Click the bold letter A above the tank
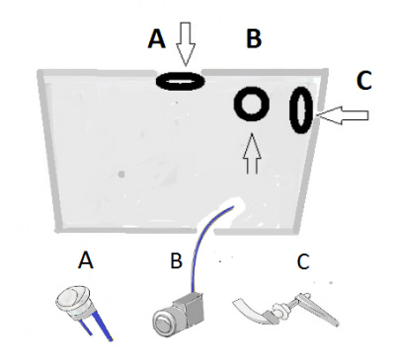(x=157, y=38)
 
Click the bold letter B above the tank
(x=254, y=38)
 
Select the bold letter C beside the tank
(x=364, y=81)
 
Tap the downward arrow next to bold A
(x=186, y=43)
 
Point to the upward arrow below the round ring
(x=252, y=153)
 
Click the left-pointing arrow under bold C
(x=343, y=115)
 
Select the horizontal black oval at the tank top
(x=180, y=81)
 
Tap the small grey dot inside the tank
(x=121, y=174)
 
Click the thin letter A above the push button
(x=86, y=260)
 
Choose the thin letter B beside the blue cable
(x=176, y=260)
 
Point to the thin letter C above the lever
(x=303, y=261)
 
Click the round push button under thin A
(x=73, y=300)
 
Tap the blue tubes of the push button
(x=99, y=324)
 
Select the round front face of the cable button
(x=163, y=324)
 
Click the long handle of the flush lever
(x=317, y=309)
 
